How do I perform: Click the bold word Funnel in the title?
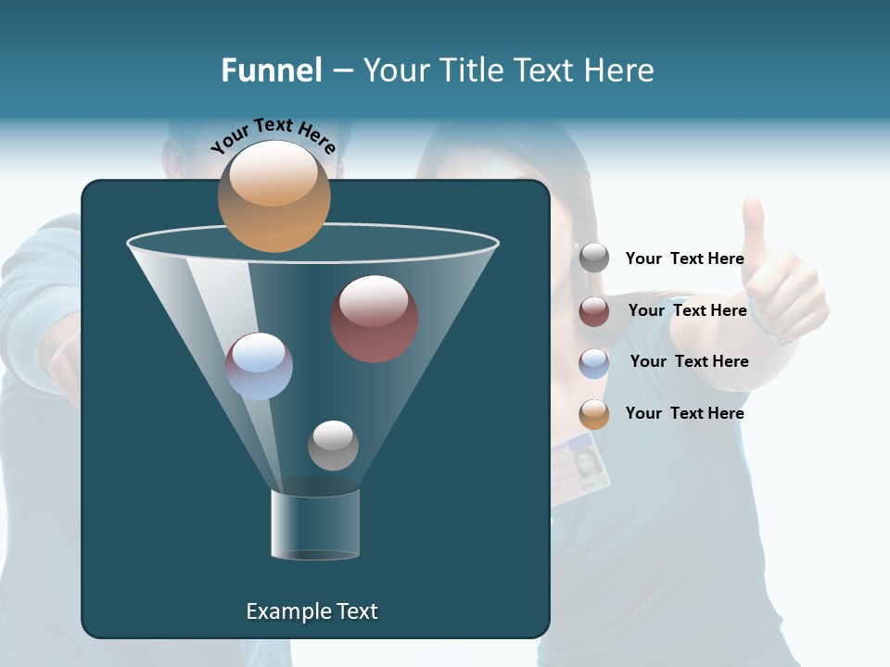coord(271,70)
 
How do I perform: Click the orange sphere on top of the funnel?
coord(273,196)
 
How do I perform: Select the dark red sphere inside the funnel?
coord(374,319)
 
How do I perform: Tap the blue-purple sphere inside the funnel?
coord(259,366)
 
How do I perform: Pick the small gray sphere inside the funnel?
coord(333,445)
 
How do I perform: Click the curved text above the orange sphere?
coord(273,135)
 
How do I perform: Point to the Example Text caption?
coord(311,611)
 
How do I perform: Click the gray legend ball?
coord(594,258)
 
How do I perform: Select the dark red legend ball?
coord(594,311)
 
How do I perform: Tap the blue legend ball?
coord(594,362)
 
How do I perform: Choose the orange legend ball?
coord(594,414)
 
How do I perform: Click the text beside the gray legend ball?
coord(684,258)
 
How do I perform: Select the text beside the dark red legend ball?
coord(687,310)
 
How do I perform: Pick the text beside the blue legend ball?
coord(689,361)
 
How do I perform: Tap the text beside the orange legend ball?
coord(684,413)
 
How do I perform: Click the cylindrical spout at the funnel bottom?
coord(315,523)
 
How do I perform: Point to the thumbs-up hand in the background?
coord(779,278)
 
